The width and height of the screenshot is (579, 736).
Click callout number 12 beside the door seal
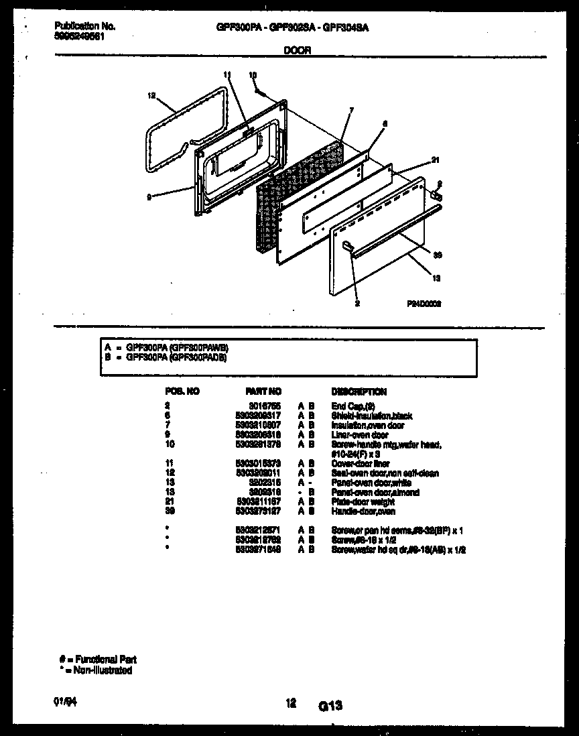tap(151, 96)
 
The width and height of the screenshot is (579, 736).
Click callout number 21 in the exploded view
tap(435, 160)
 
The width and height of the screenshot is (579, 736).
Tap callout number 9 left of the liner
tap(149, 197)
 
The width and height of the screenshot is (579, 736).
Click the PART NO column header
tap(263, 391)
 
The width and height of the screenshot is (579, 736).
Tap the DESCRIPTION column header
tap(359, 391)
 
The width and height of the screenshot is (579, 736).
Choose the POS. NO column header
tap(182, 391)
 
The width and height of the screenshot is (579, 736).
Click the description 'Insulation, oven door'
tap(368, 425)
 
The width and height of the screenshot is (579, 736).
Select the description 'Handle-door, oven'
tap(363, 511)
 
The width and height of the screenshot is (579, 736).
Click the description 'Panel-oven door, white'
tap(371, 483)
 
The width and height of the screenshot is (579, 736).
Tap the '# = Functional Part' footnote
tap(97, 660)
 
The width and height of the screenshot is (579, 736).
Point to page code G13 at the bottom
tap(330, 705)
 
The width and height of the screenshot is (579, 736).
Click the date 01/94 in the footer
tap(62, 702)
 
